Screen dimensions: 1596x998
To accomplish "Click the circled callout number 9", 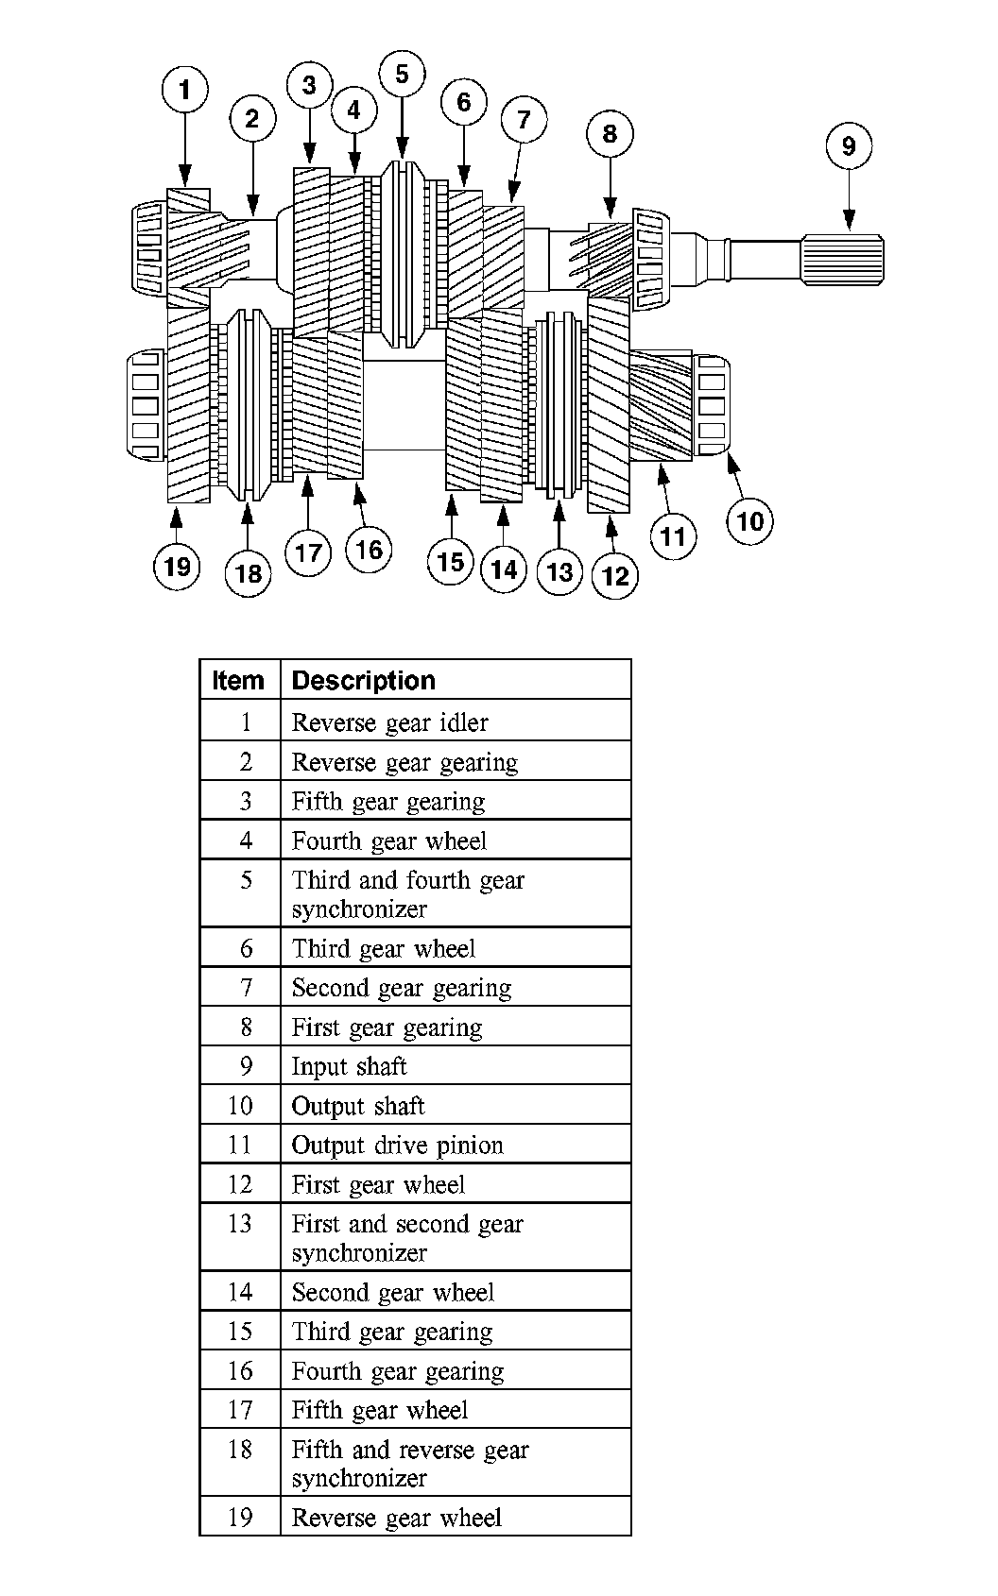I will tap(848, 145).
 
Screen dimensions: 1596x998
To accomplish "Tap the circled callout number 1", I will tap(184, 90).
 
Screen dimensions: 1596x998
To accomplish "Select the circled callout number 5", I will tap(402, 75).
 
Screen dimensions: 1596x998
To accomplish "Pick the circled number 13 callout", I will tap(559, 571).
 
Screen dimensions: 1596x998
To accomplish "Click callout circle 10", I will tap(749, 520).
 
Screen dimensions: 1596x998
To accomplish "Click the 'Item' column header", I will tap(238, 680).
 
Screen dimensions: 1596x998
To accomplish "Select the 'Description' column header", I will tap(363, 680).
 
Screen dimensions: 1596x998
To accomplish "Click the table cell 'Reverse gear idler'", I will tap(389, 722).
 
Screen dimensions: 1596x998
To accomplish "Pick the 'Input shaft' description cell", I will tap(349, 1066).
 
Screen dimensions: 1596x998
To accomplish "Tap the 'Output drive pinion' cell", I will tap(397, 1146).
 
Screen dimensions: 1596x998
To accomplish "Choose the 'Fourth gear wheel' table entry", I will tap(388, 840).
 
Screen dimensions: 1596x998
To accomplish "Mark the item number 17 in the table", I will tap(240, 1410).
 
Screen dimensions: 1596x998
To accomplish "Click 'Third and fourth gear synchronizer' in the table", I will tap(407, 893).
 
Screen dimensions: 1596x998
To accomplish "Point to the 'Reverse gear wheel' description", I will tap(396, 1518).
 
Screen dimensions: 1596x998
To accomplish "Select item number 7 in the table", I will tap(246, 988).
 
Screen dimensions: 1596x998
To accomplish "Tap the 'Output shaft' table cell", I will tap(358, 1106).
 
